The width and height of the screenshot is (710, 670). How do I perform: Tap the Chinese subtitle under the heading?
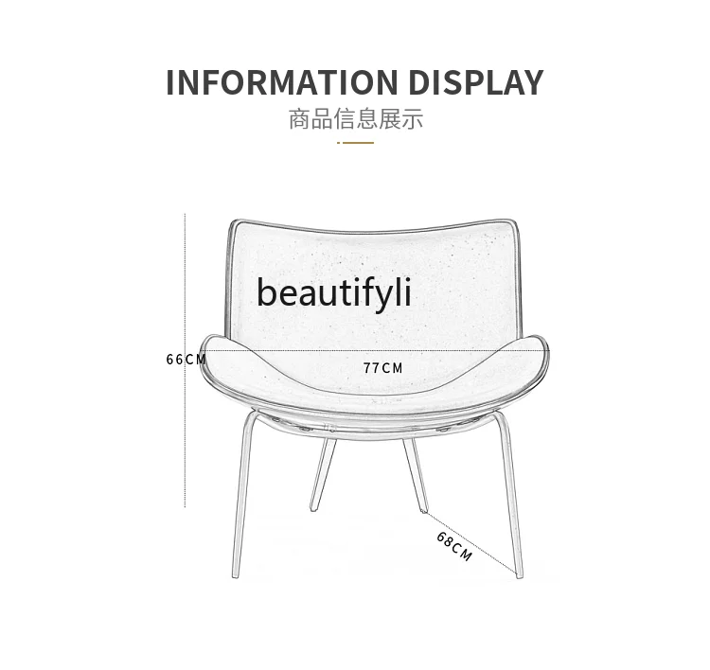point(355,119)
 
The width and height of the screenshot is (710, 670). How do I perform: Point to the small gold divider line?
point(355,143)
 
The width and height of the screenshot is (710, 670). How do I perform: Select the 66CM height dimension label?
point(186,360)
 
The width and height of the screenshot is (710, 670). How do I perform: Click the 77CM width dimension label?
point(382,368)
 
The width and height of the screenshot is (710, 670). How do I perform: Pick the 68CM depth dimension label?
point(454,547)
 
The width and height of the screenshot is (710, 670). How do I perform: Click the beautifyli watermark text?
point(334,293)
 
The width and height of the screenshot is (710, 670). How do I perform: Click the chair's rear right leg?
point(415,473)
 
